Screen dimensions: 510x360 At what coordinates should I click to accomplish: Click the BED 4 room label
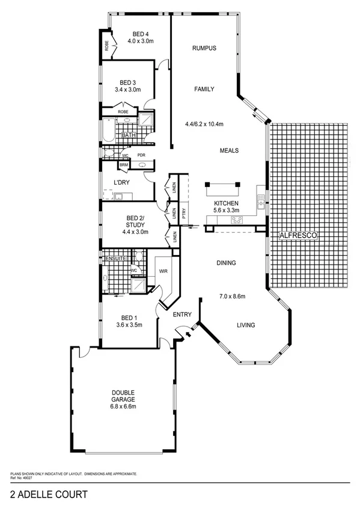[141, 34]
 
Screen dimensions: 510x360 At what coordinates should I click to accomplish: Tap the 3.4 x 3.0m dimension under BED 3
[127, 90]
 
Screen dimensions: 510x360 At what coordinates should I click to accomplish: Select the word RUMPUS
[204, 48]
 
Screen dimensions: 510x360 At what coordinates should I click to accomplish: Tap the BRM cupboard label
[124, 164]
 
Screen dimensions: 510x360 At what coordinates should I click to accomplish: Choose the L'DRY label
[123, 182]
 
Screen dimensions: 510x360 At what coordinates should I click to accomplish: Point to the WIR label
[163, 271]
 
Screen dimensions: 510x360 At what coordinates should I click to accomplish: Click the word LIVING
[245, 325]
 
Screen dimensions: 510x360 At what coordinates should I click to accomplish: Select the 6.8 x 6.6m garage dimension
[123, 407]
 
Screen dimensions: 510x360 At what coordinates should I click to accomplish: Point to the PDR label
[141, 155]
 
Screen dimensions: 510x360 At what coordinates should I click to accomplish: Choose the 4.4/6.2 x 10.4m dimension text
[204, 124]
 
